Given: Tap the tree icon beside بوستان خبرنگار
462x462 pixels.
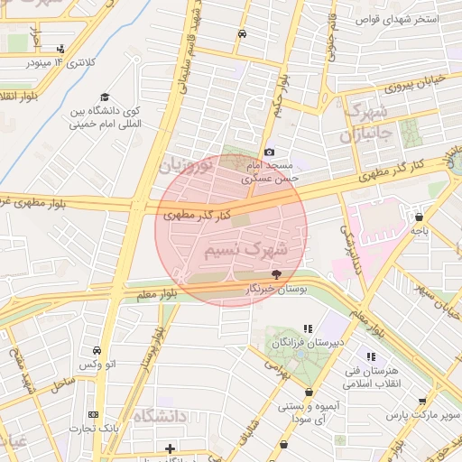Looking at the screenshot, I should point(276,273).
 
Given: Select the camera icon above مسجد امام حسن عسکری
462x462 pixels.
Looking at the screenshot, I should point(269,152).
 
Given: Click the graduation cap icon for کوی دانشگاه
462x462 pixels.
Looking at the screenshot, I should point(105,97).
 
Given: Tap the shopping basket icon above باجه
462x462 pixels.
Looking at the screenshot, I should point(420,217).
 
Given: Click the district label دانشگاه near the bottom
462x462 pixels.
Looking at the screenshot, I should point(158,416).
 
